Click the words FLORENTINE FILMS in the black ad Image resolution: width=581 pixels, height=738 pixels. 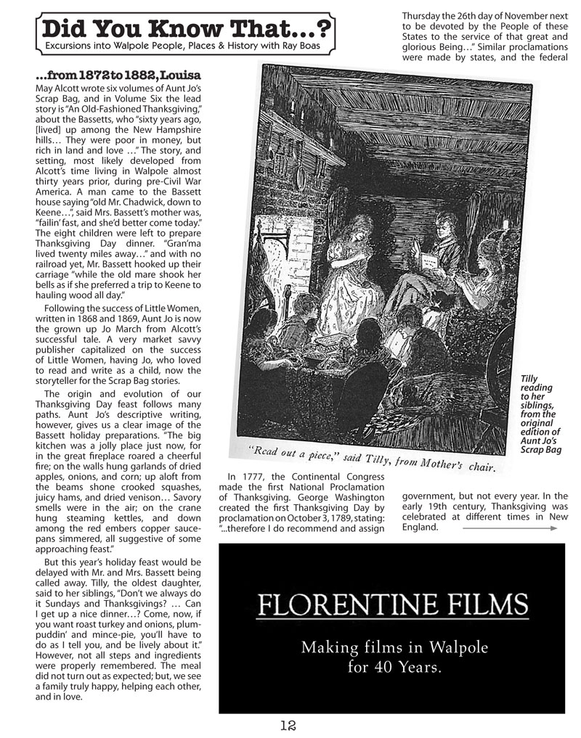pos(392,604)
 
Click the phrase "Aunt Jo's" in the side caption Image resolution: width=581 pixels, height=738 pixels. pos(538,441)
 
